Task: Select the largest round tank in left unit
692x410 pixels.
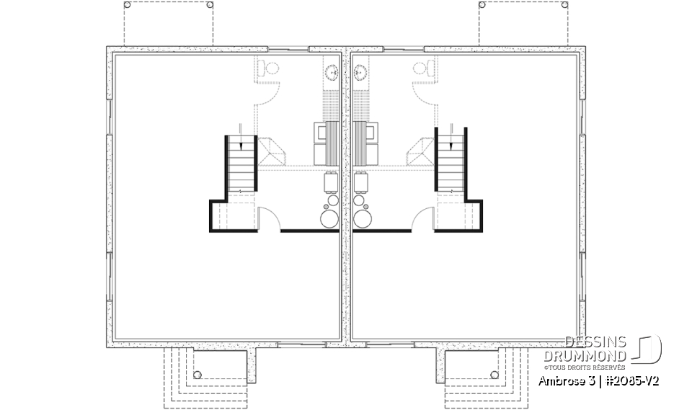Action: [330, 219]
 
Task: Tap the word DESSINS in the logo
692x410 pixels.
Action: [595, 342]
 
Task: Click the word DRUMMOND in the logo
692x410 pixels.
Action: [595, 357]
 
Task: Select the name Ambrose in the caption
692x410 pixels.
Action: [562, 380]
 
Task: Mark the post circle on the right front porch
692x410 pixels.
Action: [494, 375]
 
